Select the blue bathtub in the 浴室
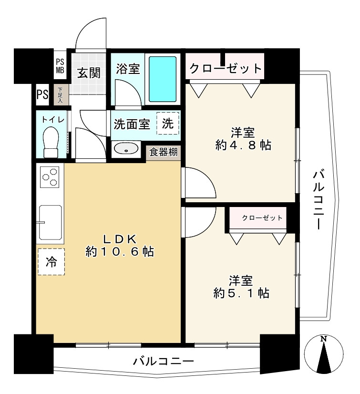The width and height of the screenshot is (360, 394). [163, 79]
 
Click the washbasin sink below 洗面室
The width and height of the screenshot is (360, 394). [126, 149]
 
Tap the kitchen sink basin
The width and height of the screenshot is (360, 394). [50, 223]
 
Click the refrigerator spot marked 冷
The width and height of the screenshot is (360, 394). [51, 261]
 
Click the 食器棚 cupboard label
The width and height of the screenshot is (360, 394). [164, 153]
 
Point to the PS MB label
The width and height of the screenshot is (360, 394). [60, 66]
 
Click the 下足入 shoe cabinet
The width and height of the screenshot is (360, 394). [61, 94]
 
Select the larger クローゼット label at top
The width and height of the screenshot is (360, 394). [226, 69]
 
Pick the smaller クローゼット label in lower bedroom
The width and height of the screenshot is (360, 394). [262, 218]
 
